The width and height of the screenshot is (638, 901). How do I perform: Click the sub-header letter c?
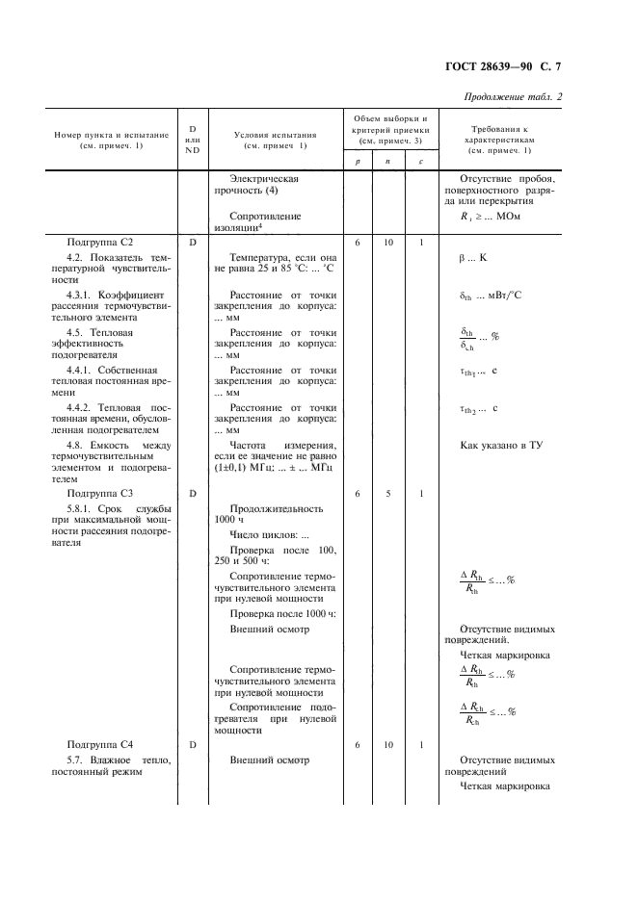[x=421, y=162]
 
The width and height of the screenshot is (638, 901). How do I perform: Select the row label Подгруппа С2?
[x=99, y=243]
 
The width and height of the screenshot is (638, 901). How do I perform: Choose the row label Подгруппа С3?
[x=99, y=493]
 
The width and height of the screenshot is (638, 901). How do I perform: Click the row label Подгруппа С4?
[x=99, y=744]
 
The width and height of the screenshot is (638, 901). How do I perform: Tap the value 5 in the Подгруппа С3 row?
[x=388, y=493]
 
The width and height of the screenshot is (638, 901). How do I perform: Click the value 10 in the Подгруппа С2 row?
[x=388, y=243]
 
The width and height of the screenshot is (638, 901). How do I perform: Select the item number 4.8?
[x=77, y=446]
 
